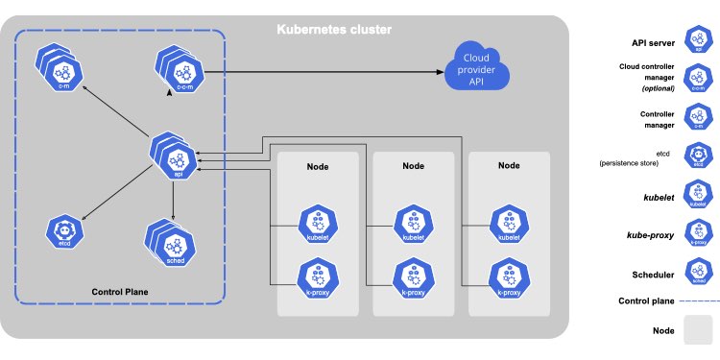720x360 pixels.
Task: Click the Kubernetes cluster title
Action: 335,30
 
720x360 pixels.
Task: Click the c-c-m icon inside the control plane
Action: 180,72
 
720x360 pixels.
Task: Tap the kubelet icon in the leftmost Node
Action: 317,225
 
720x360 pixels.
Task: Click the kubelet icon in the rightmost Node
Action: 509,225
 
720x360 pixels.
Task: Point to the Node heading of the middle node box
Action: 414,166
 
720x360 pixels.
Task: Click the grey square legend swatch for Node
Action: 697,332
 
